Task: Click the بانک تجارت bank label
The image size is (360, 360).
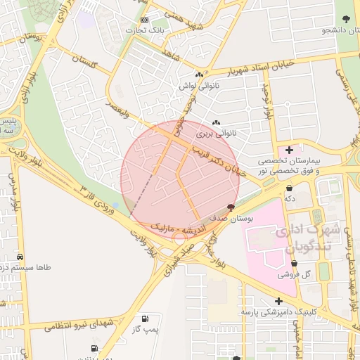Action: pos(144,30)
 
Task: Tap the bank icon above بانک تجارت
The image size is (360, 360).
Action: pos(145,20)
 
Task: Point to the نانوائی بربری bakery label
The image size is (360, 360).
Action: pos(213,133)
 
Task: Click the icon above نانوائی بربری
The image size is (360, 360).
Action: pos(216,122)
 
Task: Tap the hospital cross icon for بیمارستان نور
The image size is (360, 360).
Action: pos(289,150)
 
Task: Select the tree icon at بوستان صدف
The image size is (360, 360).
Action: pos(231,207)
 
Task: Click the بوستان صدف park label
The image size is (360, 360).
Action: pos(236,219)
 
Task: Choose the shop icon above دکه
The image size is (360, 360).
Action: pos(290,188)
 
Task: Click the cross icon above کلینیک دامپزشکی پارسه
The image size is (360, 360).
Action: pos(280,300)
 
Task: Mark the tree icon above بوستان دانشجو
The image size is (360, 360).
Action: pos(345,19)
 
